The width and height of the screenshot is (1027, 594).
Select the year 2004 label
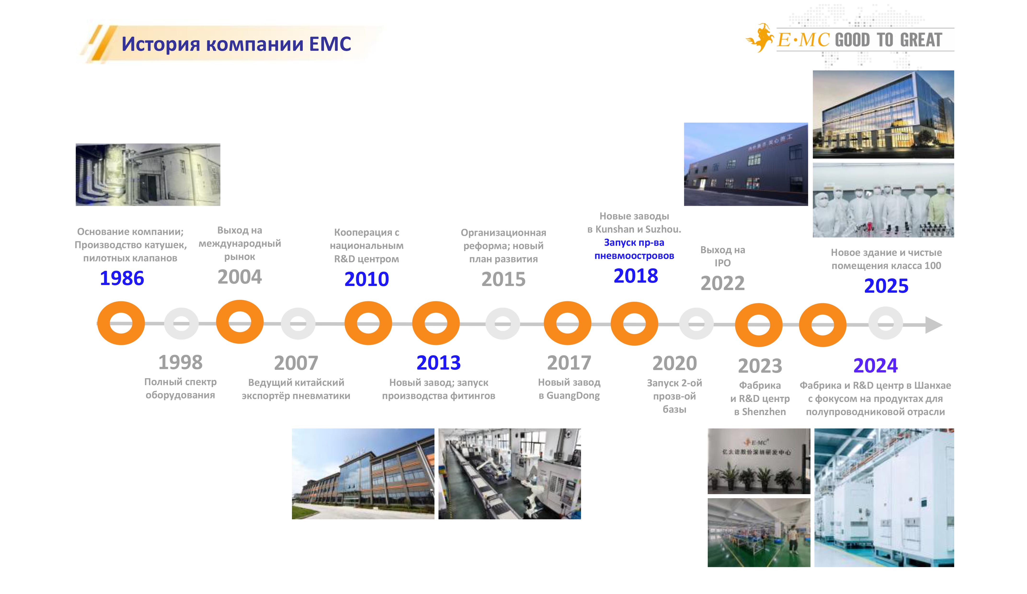[x=240, y=277]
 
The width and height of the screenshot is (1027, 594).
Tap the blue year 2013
[x=439, y=362]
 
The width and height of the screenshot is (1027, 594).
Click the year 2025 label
[x=886, y=286]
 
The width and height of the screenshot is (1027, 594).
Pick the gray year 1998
[x=180, y=362]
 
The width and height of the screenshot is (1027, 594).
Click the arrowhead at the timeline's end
[x=934, y=325]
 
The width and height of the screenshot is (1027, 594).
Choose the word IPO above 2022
[x=723, y=263]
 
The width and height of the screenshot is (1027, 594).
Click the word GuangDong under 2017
[x=573, y=395]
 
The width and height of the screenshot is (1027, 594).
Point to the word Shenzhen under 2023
[x=764, y=412]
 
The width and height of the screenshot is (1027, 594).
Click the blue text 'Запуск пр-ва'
[x=634, y=243]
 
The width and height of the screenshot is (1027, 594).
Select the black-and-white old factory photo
[x=148, y=175]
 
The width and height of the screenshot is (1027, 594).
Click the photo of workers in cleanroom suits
[x=883, y=200]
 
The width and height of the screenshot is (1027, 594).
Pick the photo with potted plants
[x=759, y=461]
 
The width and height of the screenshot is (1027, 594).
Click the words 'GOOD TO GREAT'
[x=888, y=40]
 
